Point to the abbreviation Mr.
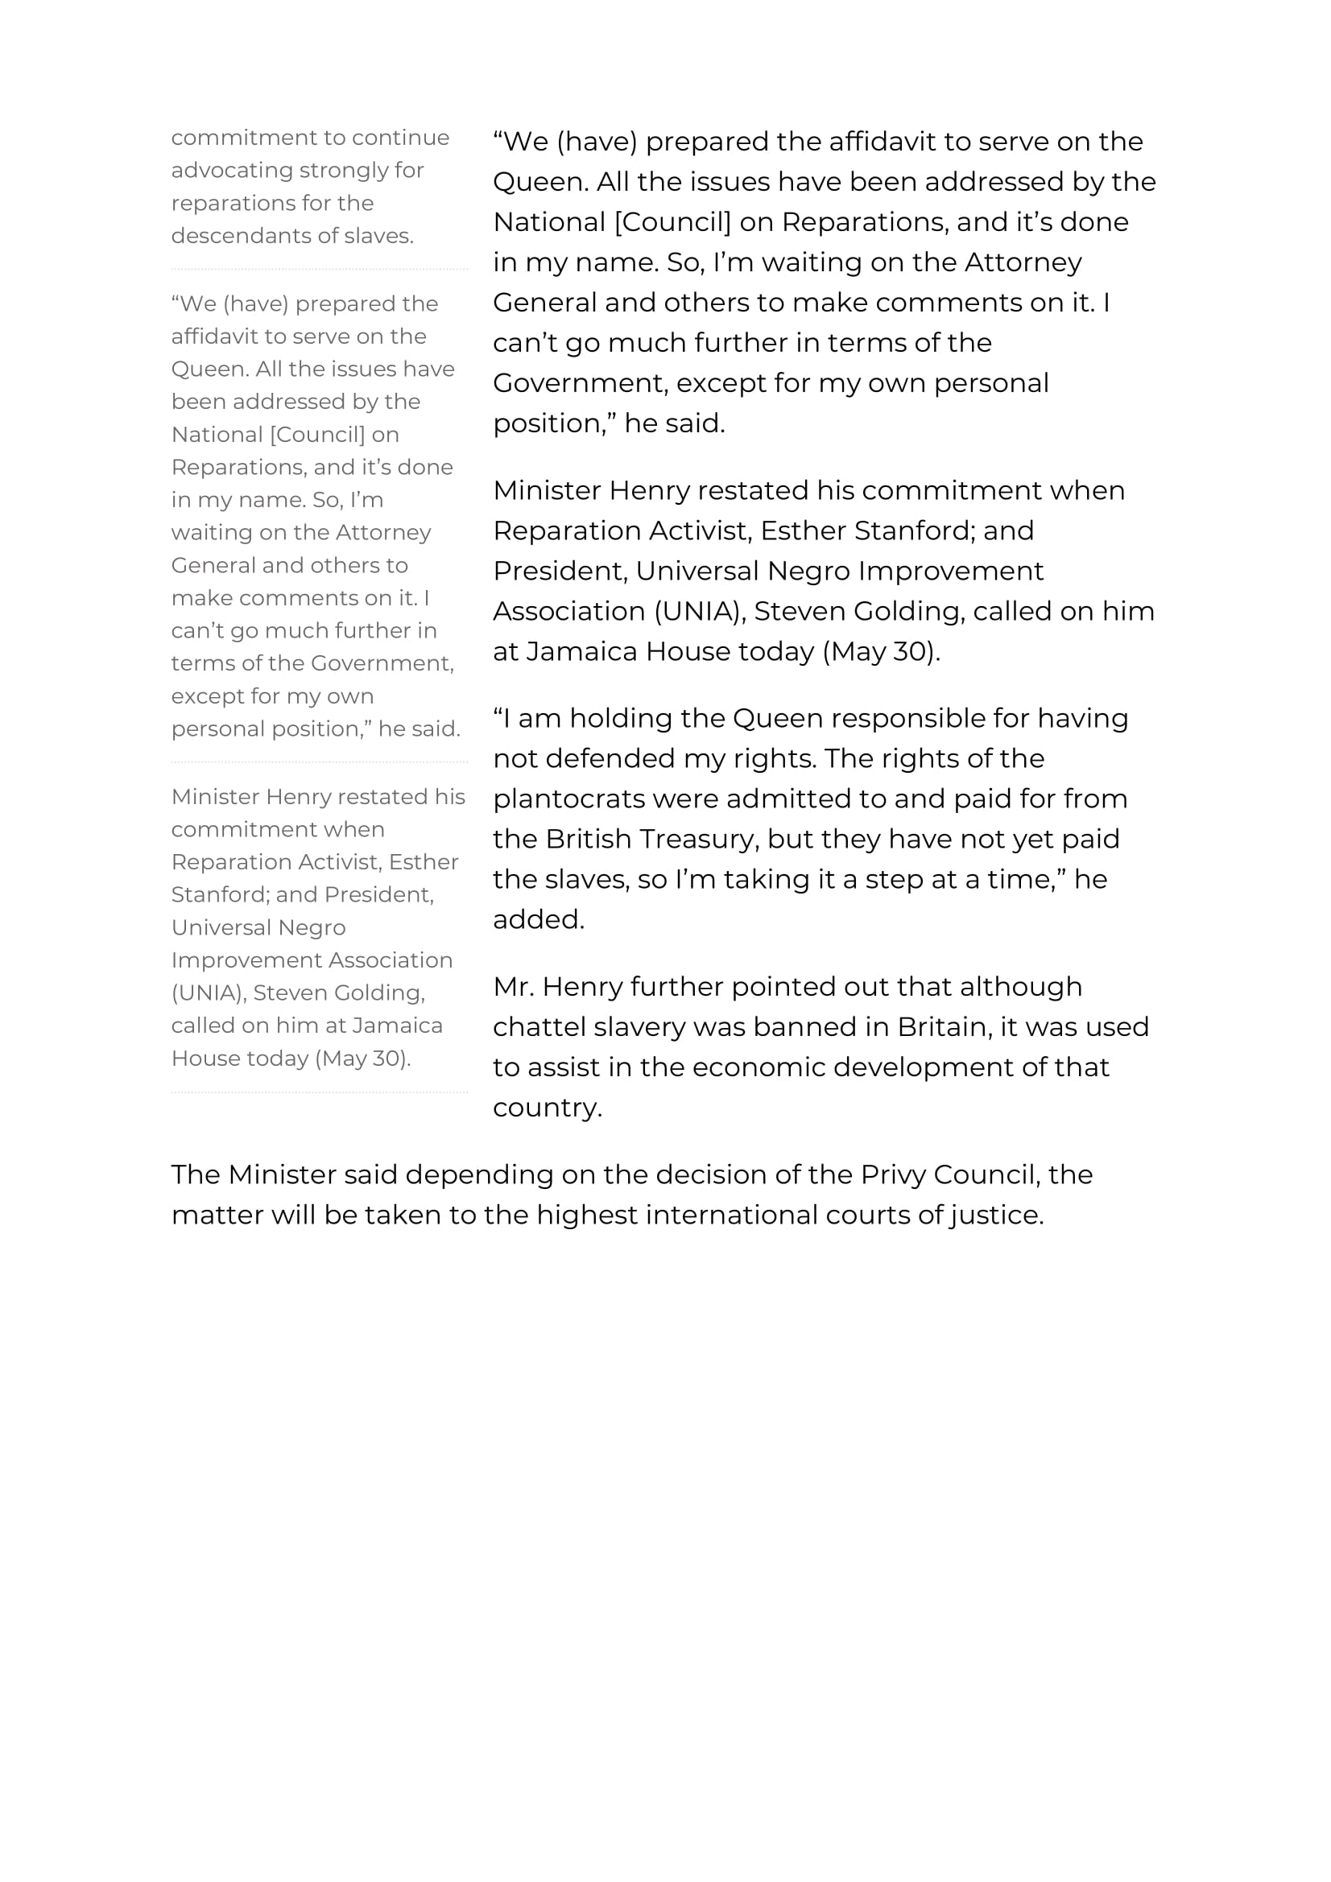(513, 987)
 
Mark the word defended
(609, 759)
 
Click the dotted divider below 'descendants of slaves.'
(319, 269)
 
